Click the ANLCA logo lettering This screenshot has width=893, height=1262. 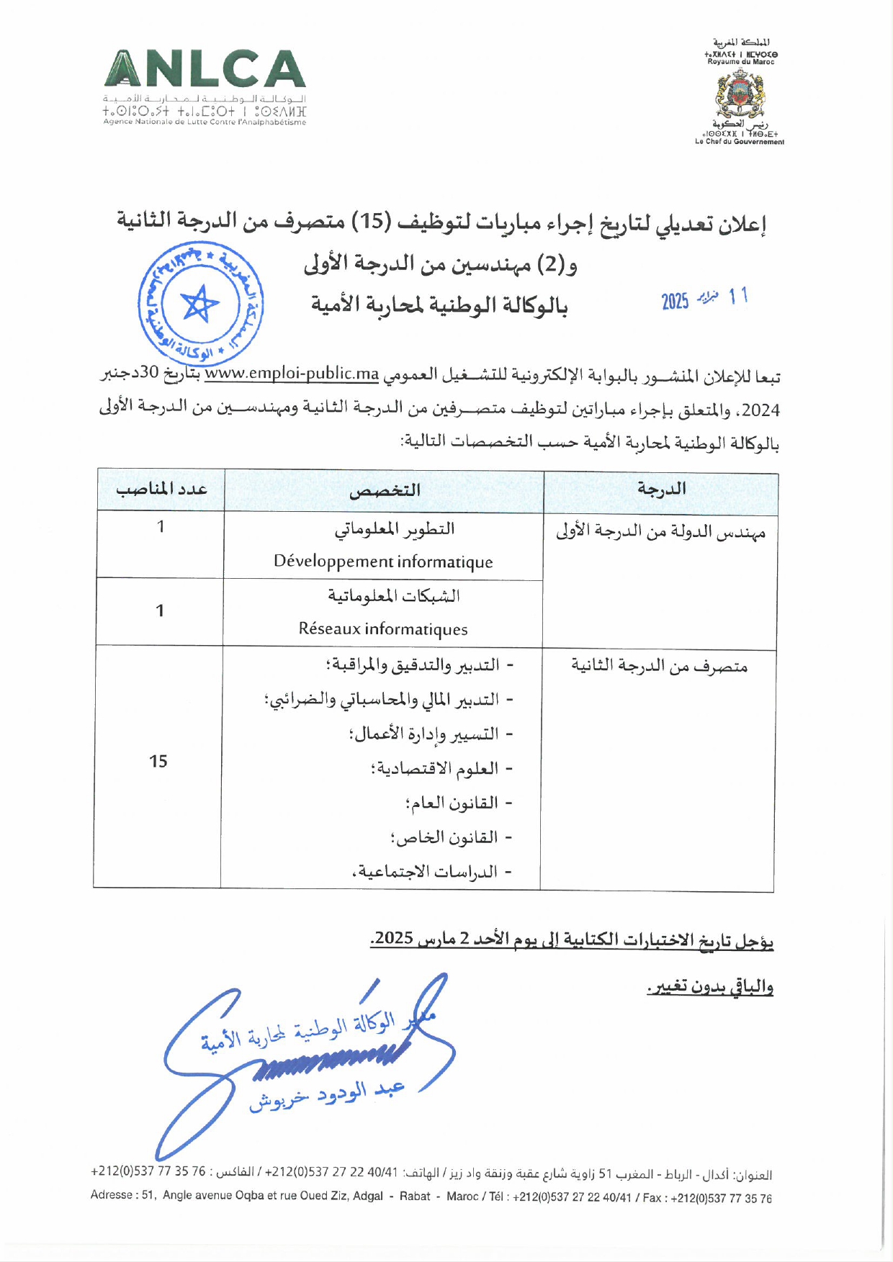point(205,71)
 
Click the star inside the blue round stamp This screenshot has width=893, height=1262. point(199,304)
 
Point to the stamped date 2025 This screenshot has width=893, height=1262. point(676,301)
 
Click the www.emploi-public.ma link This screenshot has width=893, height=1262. point(292,374)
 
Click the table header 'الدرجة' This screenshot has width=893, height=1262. point(661,490)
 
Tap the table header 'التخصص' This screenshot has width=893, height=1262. point(385,491)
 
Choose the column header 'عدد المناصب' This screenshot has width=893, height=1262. point(161,490)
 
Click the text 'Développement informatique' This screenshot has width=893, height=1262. point(383,562)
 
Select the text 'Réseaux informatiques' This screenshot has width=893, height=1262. point(383,629)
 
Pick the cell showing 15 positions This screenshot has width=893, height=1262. point(158,762)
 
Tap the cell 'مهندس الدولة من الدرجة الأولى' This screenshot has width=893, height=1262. point(660,532)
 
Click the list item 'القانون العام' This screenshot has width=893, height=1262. point(452,803)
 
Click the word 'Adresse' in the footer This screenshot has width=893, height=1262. point(111,1196)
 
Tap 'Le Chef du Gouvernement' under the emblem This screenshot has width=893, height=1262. point(740,142)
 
